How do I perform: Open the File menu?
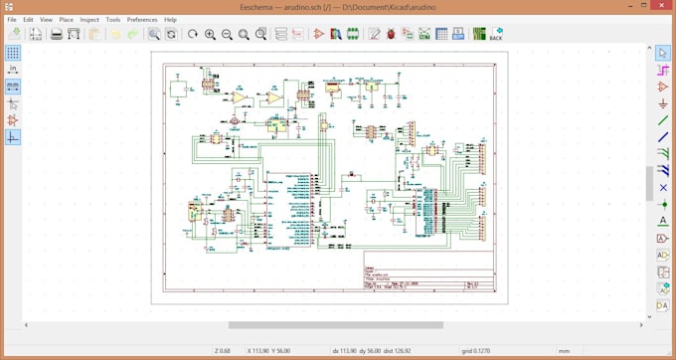(12, 19)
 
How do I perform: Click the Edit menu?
(28, 19)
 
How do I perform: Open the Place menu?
(67, 19)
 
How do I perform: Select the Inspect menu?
(89, 19)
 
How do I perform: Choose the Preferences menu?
(142, 19)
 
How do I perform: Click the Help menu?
(170, 19)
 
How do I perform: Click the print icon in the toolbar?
(57, 34)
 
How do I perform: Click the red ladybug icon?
(391, 34)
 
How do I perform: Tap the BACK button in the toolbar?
(496, 34)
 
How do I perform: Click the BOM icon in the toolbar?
(458, 34)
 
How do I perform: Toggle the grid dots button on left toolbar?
(13, 52)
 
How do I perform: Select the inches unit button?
(13, 69)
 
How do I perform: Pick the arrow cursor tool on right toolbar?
(663, 52)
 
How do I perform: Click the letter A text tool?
(663, 221)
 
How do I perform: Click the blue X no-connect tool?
(663, 187)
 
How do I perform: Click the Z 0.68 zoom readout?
(223, 350)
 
